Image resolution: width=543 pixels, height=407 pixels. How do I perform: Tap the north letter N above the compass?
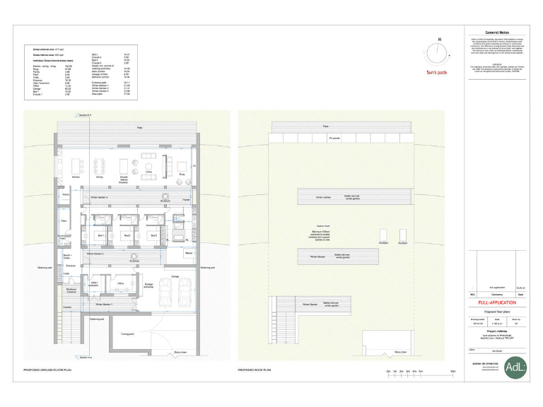point(439,39)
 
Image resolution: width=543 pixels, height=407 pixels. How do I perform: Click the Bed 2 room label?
point(127,235)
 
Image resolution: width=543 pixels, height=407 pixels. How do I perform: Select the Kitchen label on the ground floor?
point(76,177)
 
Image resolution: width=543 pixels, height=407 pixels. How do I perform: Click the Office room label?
point(120,283)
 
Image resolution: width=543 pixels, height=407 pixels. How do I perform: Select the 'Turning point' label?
point(127,334)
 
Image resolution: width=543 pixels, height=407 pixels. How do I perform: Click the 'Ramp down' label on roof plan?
point(399,351)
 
